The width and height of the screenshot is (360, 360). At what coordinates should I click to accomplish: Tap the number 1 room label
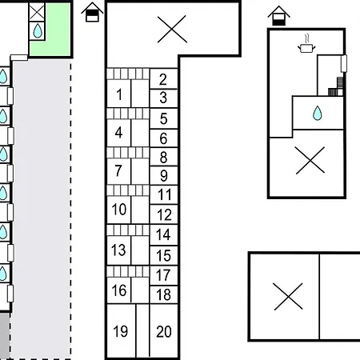(x=119, y=94)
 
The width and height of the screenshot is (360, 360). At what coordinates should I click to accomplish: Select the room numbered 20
(x=164, y=331)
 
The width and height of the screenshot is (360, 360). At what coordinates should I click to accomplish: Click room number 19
(x=120, y=331)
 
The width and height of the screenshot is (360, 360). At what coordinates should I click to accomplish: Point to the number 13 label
(x=118, y=250)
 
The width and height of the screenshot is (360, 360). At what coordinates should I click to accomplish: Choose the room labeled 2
(x=163, y=79)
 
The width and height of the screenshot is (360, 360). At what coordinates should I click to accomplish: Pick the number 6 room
(x=163, y=138)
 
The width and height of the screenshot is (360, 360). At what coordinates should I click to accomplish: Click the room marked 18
(x=163, y=294)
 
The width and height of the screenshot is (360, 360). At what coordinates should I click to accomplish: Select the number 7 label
(x=118, y=170)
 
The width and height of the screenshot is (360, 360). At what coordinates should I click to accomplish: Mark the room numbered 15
(x=163, y=255)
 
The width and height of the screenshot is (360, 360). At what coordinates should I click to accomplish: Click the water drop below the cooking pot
(x=318, y=113)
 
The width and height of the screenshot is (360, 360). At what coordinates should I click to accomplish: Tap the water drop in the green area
(x=38, y=30)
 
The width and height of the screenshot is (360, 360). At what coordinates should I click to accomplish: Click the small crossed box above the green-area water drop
(x=37, y=12)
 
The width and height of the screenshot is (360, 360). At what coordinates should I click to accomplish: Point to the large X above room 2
(x=172, y=29)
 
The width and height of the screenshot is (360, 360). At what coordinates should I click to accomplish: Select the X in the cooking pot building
(x=310, y=160)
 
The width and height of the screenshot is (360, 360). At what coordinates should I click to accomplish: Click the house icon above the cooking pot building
(x=279, y=16)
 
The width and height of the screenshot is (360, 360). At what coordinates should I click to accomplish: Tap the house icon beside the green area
(x=92, y=12)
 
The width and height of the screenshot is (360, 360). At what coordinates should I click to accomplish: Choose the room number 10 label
(x=119, y=209)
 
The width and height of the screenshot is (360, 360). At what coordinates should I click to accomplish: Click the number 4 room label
(x=118, y=133)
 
